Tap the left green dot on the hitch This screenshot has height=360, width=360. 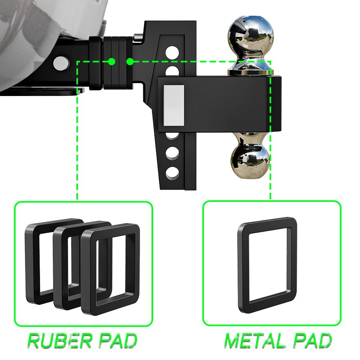coord(112,62)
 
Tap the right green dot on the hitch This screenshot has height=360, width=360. coord(130,62)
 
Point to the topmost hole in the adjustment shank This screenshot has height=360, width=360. coord(172,52)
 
